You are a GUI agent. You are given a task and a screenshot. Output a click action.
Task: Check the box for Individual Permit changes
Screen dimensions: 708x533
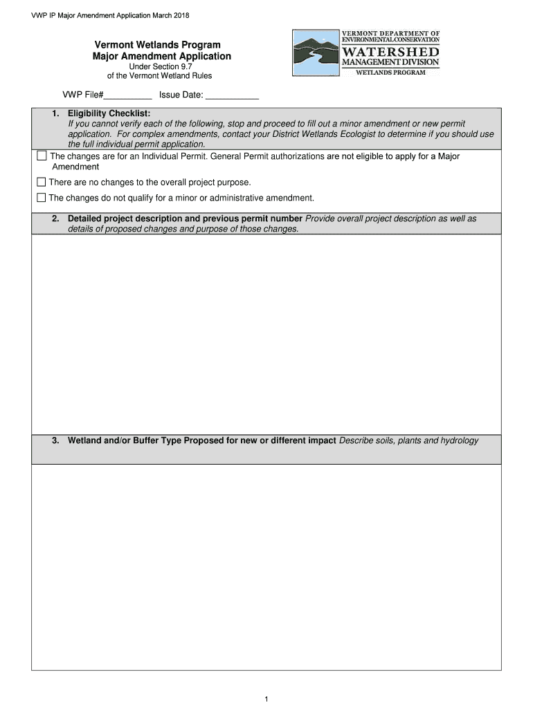(42, 156)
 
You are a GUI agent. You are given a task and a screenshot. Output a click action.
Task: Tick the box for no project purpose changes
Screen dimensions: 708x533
(42, 183)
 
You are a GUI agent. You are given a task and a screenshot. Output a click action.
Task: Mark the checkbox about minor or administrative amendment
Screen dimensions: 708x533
(42, 198)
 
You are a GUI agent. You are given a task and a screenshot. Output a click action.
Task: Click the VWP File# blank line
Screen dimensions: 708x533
(128, 96)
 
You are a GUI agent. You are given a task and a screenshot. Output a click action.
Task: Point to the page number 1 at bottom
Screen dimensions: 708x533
(266, 700)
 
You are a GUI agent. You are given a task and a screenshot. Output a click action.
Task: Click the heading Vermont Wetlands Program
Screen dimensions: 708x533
(158, 45)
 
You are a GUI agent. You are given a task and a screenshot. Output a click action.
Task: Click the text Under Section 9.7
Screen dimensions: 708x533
(159, 66)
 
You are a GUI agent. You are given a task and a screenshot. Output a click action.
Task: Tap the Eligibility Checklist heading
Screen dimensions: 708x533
(109, 113)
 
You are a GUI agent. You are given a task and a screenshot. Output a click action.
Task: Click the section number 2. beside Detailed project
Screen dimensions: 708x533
(55, 218)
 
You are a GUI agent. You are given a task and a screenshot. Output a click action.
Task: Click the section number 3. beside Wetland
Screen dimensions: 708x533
(55, 440)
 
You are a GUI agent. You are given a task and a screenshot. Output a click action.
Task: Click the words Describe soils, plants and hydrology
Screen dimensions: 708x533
(409, 440)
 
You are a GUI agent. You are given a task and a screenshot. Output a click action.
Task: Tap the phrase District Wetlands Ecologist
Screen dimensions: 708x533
(325, 134)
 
